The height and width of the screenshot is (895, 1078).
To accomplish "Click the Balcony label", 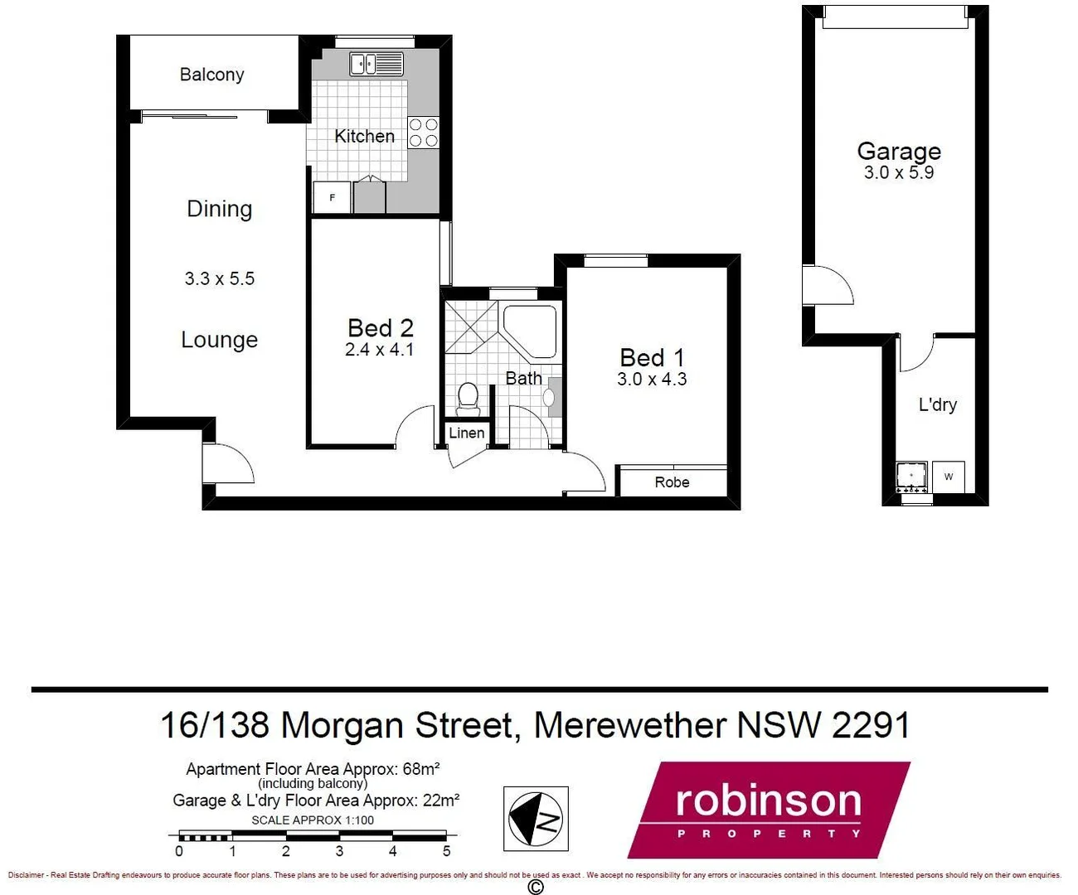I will click(211, 75).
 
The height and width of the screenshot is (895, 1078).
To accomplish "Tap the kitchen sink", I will click(376, 64).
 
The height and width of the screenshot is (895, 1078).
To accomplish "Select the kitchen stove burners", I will click(423, 133).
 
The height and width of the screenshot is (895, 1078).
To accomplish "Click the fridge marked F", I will click(332, 197).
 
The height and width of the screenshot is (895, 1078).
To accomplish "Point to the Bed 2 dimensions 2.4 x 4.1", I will click(379, 350).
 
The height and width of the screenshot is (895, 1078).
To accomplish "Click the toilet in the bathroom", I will click(468, 397).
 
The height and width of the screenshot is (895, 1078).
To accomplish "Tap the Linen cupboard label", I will click(466, 433).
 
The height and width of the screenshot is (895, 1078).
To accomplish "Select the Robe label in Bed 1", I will click(672, 482).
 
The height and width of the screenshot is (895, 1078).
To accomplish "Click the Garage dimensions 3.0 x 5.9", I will click(899, 172).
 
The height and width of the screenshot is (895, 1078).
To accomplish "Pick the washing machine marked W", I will click(949, 477).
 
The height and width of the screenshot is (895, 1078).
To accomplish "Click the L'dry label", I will click(937, 404).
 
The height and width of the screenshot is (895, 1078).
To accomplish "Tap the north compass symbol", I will click(536, 819).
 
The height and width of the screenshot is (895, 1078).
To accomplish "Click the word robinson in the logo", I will click(768, 801).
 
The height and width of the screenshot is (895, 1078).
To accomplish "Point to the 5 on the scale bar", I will click(446, 851).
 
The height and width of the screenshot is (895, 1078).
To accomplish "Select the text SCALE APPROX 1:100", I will click(313, 820).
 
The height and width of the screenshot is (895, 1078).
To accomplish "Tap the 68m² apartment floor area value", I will click(420, 769).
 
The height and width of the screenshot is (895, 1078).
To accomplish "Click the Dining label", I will click(219, 209).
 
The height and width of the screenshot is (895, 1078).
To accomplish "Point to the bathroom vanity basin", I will click(549, 397).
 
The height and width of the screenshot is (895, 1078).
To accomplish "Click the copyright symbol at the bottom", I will click(536, 888).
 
